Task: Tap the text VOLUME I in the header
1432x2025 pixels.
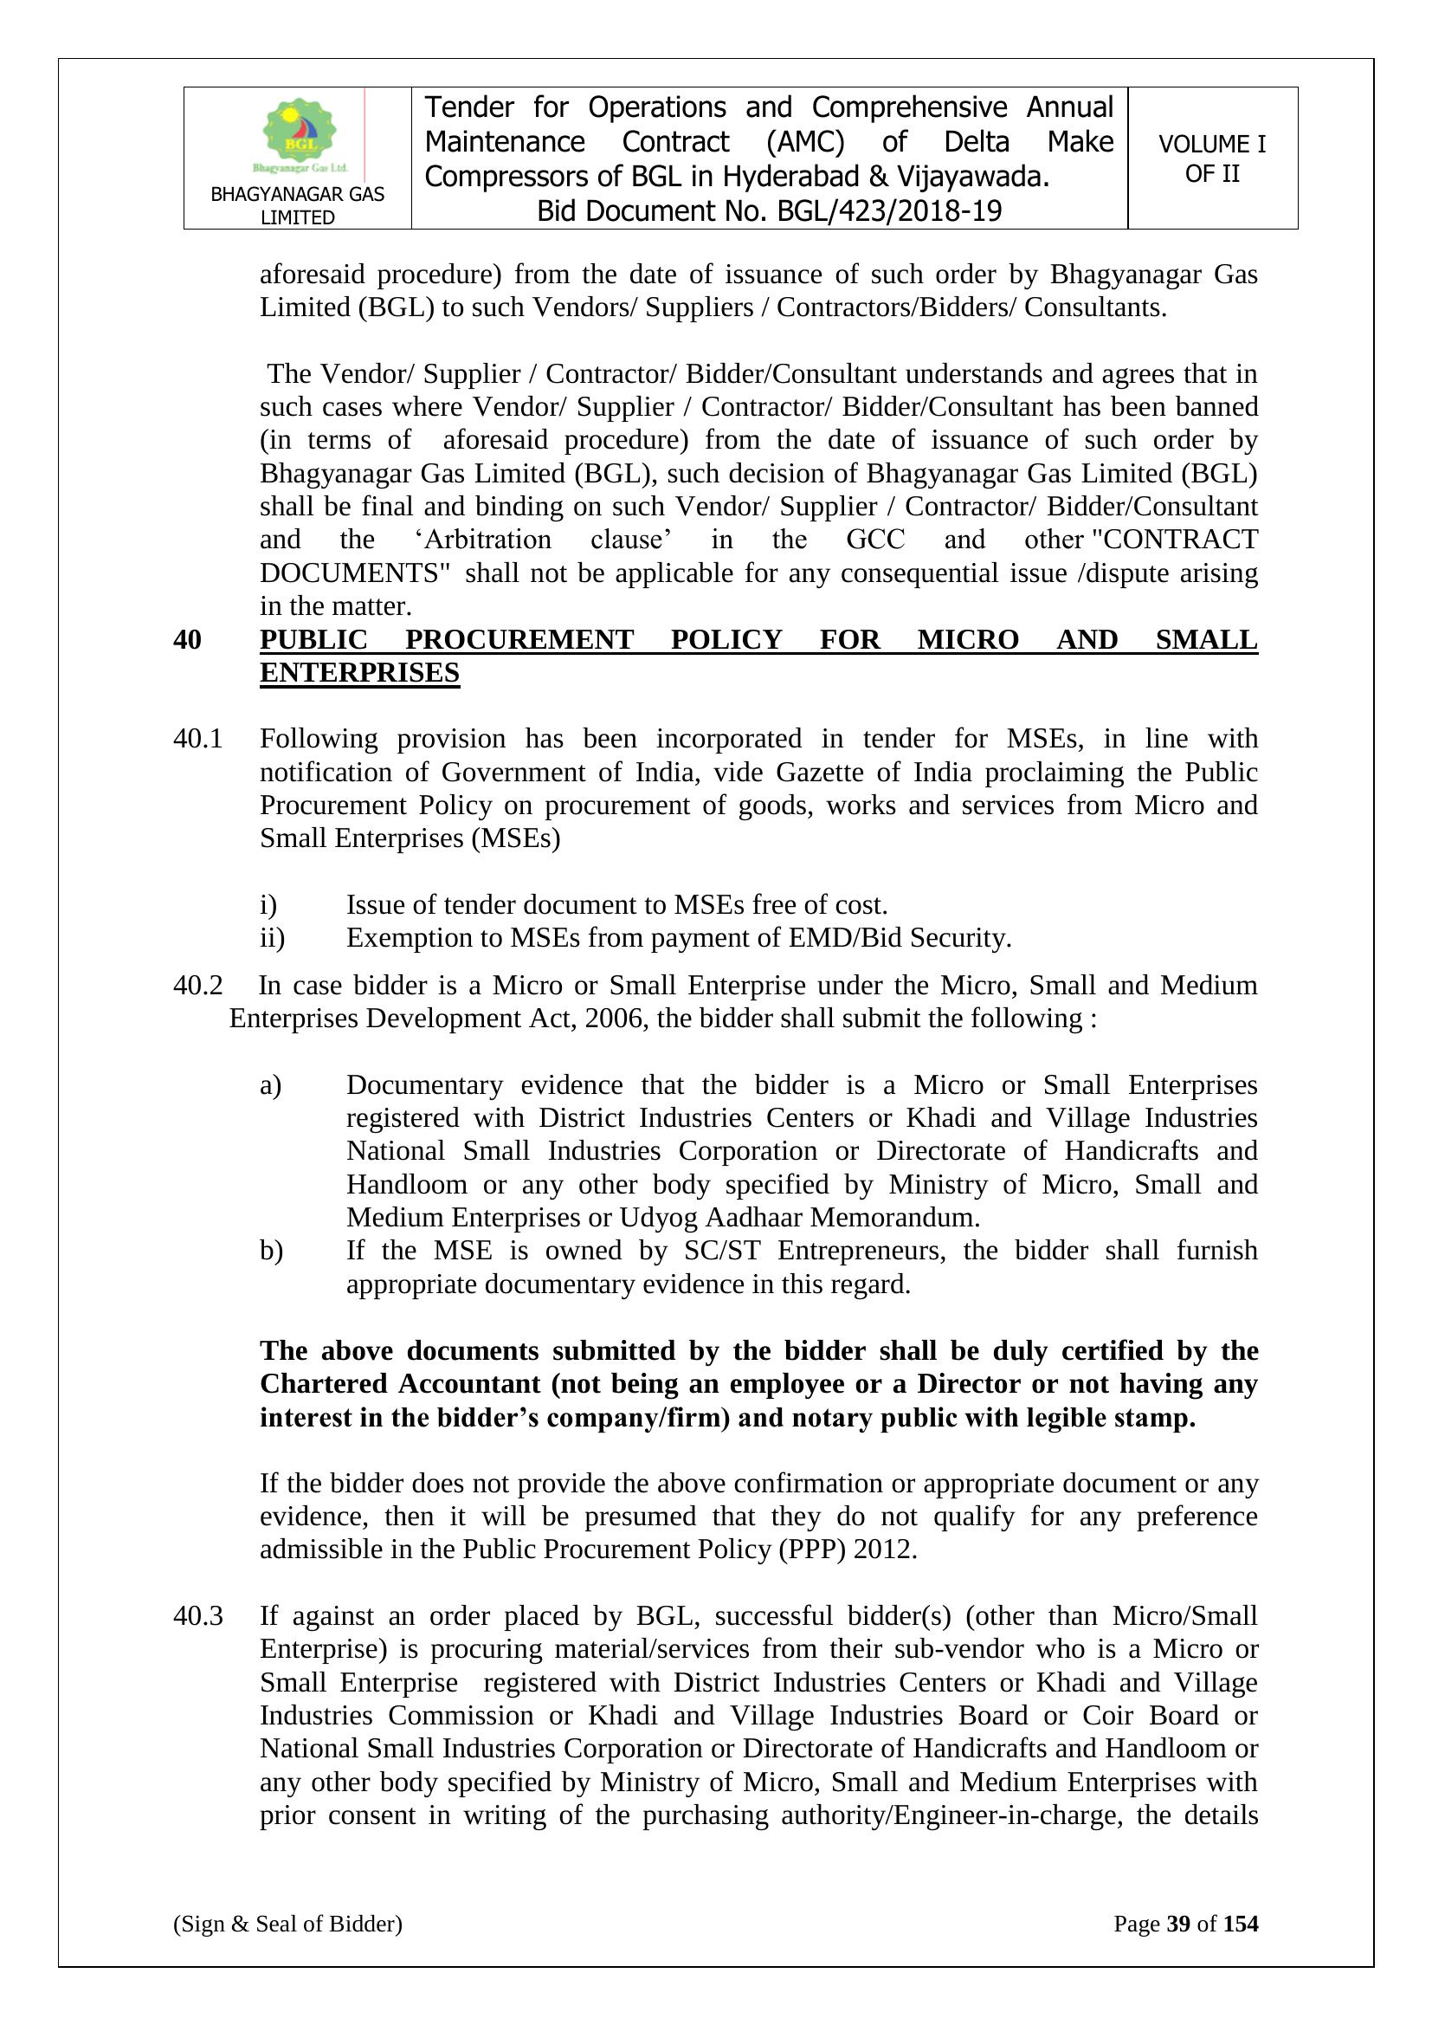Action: point(1211,145)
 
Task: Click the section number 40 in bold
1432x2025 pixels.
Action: point(187,639)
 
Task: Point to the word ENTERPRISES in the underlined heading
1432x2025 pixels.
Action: point(360,673)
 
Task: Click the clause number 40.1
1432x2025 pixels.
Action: point(197,739)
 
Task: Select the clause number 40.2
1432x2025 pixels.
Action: point(197,985)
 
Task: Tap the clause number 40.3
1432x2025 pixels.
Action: point(197,1616)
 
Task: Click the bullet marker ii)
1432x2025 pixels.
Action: point(272,937)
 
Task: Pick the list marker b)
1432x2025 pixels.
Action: point(271,1251)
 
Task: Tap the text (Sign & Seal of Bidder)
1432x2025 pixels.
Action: point(287,1924)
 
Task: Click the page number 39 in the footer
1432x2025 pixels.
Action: point(1178,1924)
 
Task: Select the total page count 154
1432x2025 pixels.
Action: point(1241,1924)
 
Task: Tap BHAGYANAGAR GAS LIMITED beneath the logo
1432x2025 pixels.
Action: point(298,205)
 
